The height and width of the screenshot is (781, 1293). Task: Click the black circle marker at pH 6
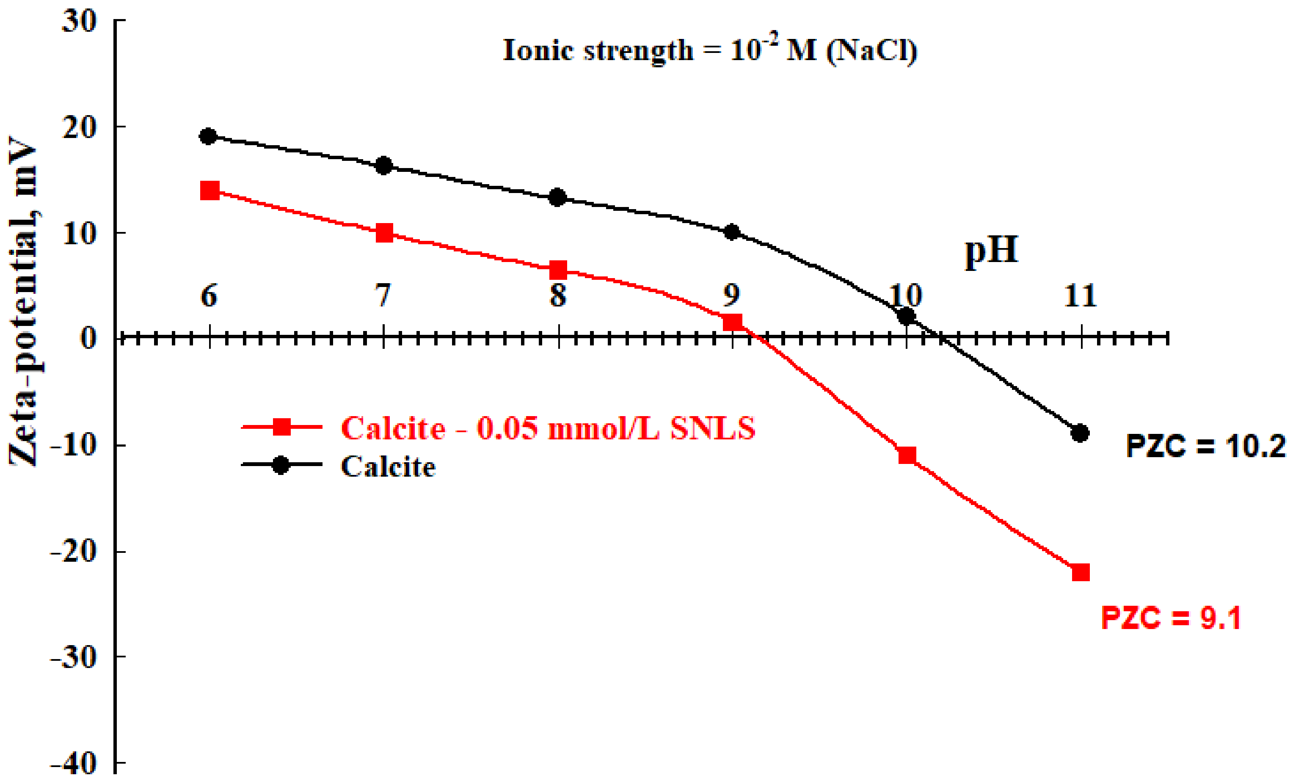tap(208, 136)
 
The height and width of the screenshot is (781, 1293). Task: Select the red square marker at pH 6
tap(210, 190)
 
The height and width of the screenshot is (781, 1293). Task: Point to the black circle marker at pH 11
tap(1080, 433)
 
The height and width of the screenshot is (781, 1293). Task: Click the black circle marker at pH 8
tap(557, 197)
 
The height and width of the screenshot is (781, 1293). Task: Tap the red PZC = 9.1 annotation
tap(1171, 618)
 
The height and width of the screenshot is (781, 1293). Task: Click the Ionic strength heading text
tap(709, 50)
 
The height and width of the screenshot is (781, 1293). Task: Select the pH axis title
tap(991, 250)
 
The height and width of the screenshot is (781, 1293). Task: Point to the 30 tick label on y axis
tap(79, 22)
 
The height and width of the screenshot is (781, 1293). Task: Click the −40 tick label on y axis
tap(74, 763)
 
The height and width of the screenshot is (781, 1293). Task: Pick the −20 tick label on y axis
tap(74, 552)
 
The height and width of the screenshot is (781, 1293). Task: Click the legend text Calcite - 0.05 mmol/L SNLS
tap(548, 428)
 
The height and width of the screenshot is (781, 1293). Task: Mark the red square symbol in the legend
tap(282, 427)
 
